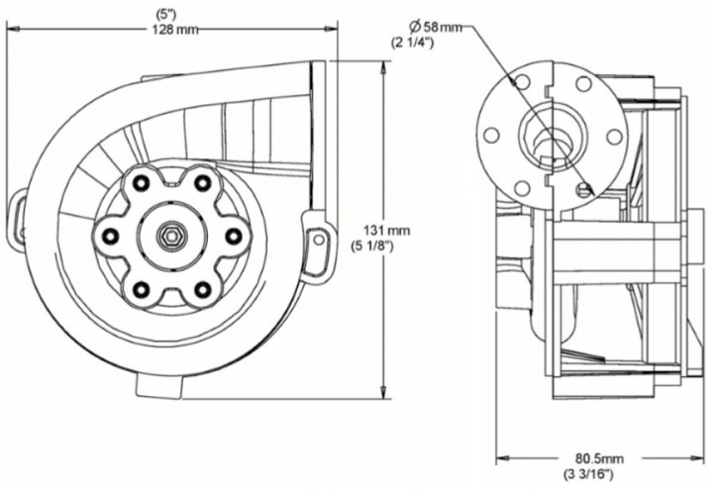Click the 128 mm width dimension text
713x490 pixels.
(174, 30)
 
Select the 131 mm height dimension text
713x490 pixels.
(386, 230)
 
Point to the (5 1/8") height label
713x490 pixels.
(386, 246)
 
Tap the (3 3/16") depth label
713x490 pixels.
(591, 474)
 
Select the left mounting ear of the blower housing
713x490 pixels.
(18, 219)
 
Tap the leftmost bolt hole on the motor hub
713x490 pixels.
(111, 236)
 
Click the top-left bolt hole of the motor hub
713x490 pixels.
(142, 182)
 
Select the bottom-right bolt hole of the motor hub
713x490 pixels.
(204, 289)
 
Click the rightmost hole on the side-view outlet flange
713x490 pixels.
(614, 137)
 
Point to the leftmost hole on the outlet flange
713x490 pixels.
(490, 137)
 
